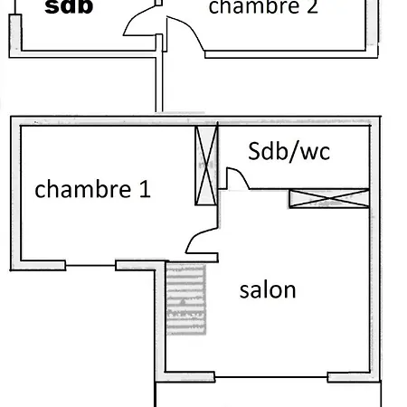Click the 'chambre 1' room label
tap(92, 189)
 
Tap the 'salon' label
tap(268, 289)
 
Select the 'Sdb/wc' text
tap(289, 151)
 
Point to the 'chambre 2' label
tap(263, 6)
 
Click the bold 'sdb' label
tap(69, 6)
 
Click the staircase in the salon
tap(186, 298)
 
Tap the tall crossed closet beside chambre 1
tap(206, 166)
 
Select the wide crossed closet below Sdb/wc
tap(329, 198)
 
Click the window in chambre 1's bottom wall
tap(90, 266)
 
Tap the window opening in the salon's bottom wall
tap(271, 377)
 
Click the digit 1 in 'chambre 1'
tap(146, 189)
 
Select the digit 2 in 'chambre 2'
tap(313, 6)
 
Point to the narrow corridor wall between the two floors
tap(159, 84)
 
